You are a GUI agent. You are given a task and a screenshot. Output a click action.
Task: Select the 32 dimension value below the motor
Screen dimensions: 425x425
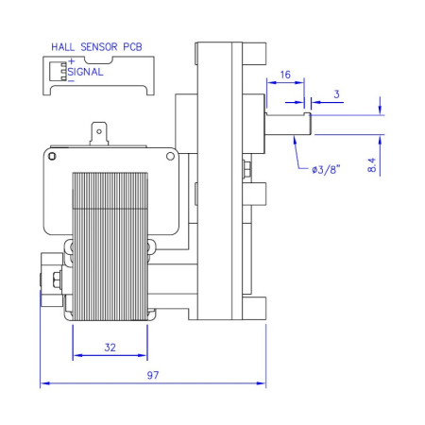(110, 348)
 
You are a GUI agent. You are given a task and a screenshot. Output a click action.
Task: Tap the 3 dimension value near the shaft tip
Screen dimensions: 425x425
(337, 94)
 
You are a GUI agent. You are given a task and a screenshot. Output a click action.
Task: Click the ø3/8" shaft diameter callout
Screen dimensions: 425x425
(326, 170)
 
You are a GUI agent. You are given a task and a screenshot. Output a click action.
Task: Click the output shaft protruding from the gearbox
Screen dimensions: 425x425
(288, 122)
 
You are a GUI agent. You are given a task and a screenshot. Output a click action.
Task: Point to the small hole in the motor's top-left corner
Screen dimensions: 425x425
(54, 155)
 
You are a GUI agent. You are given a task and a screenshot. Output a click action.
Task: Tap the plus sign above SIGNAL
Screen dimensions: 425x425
(71, 62)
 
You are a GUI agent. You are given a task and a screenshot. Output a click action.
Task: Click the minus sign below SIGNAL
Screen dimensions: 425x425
(71, 79)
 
